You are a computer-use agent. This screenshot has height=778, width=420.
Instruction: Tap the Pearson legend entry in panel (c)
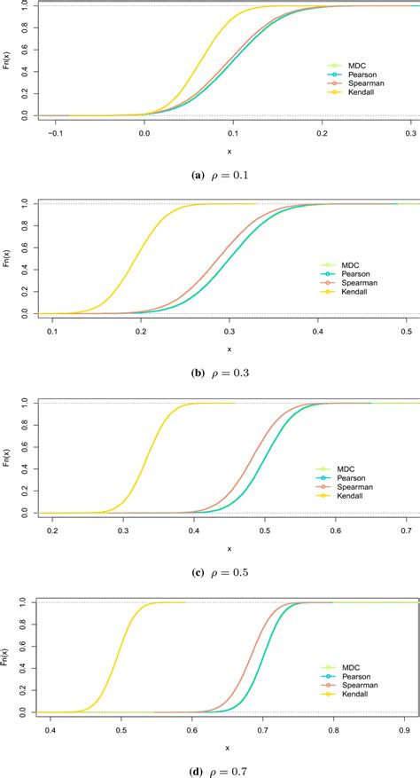tap(348, 478)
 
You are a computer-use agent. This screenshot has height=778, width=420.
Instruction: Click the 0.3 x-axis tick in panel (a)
tap(410, 132)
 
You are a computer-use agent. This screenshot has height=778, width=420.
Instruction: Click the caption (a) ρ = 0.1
tap(210, 175)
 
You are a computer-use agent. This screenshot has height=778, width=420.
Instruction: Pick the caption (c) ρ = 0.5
tap(210, 572)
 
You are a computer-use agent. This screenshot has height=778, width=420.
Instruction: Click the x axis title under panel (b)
tap(229, 350)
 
